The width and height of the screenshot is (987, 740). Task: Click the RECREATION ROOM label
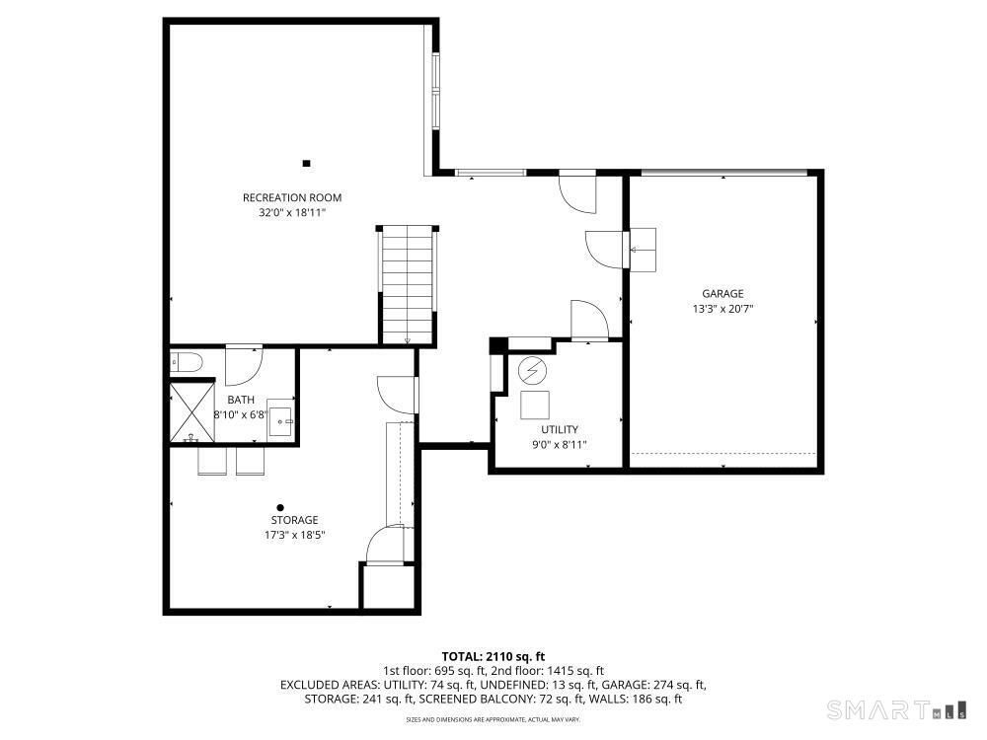click(292, 197)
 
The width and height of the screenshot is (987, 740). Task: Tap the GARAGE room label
click(722, 293)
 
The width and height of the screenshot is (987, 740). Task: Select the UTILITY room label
click(560, 430)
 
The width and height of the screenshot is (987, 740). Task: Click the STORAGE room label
click(294, 520)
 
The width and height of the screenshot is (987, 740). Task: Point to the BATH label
click(241, 400)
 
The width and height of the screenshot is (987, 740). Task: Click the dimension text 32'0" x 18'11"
click(292, 213)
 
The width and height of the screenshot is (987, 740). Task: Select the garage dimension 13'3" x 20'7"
click(722, 308)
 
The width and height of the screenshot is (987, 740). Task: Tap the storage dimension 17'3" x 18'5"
click(294, 536)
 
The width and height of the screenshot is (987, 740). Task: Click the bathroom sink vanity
click(280, 417)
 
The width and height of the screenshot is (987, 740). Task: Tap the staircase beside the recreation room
click(408, 284)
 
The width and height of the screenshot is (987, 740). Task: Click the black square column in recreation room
click(307, 164)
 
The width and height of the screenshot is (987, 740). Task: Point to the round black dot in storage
click(280, 508)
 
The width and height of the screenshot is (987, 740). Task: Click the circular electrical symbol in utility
click(533, 372)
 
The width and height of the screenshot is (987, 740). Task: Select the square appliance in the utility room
click(535, 406)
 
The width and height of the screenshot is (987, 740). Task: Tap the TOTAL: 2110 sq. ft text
click(493, 657)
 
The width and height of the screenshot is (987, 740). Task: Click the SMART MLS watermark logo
click(897, 710)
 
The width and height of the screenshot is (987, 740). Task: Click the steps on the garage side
click(643, 250)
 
